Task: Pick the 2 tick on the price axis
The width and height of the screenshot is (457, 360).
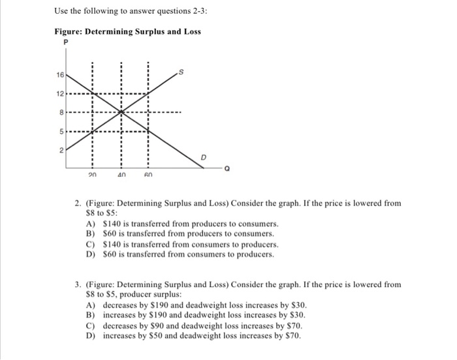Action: coord(61,149)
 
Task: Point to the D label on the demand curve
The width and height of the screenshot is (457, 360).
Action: coord(203,158)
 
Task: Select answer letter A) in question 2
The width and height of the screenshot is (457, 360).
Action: coord(90,222)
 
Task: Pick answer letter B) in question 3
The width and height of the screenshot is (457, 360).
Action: coord(90,314)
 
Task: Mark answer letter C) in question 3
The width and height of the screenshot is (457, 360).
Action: coord(90,325)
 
